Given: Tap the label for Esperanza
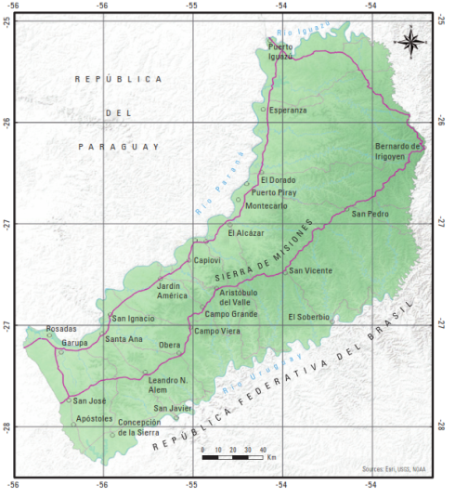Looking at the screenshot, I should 289,109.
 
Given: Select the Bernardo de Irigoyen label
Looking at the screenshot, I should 398,151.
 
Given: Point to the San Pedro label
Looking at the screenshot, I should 370,214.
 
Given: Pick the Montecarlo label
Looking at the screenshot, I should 266,205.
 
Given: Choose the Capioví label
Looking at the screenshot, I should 207,260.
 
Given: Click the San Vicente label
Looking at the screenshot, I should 310,270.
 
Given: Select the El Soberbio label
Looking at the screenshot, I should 308,316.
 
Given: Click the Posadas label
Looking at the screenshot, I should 61,329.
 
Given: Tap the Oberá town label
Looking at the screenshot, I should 170,346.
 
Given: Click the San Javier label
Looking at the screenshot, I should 174,408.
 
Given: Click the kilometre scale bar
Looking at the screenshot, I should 236,458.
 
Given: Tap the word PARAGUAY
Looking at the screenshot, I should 119,147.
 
